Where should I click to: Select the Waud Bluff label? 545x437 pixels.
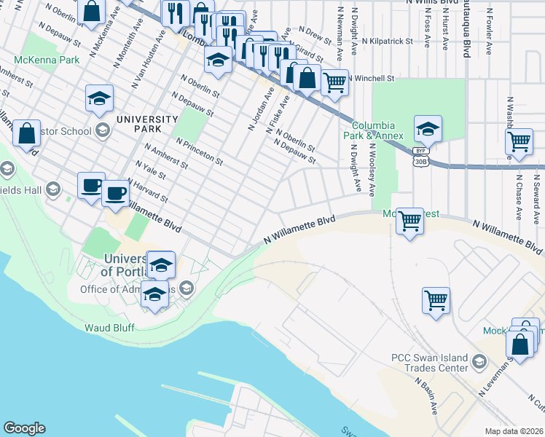coord(109,328)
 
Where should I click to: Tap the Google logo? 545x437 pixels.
coord(24,428)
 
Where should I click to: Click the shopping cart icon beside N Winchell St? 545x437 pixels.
coord(334,83)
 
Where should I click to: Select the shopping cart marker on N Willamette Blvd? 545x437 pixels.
coord(409,221)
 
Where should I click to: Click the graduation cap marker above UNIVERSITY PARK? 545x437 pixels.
coord(100,99)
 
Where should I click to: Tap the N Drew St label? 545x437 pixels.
coord(318,34)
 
